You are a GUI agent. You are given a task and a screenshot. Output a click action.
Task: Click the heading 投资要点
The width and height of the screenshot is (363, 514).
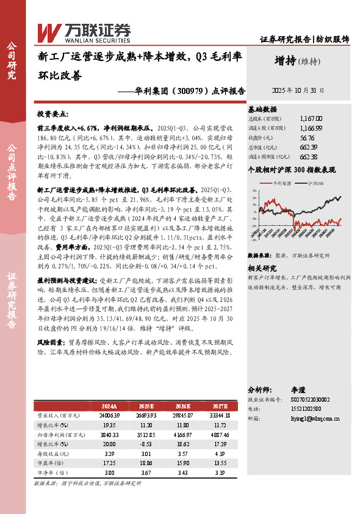53,114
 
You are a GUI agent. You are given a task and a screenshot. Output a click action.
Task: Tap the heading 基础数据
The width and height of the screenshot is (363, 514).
261,107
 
